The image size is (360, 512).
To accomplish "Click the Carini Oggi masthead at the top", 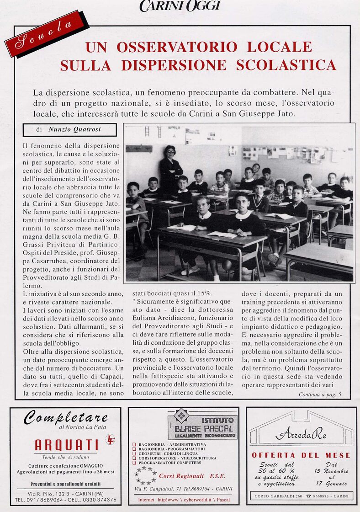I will (x=180, y=6).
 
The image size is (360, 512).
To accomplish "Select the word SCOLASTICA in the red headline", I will (x=286, y=65).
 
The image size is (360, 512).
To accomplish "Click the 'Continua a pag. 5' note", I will (x=320, y=394).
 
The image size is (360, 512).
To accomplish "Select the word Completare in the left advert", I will (x=66, y=417).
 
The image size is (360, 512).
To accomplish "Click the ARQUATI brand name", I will (x=66, y=444).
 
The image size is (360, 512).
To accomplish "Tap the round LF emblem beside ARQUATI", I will (x=110, y=439).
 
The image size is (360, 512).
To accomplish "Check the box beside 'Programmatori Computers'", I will (x=134, y=463).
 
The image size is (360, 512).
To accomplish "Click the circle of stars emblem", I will (x=145, y=475).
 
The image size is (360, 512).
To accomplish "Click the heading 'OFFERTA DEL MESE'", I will (x=301, y=455).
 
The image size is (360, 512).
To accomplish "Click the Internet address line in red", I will (x=183, y=500).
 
